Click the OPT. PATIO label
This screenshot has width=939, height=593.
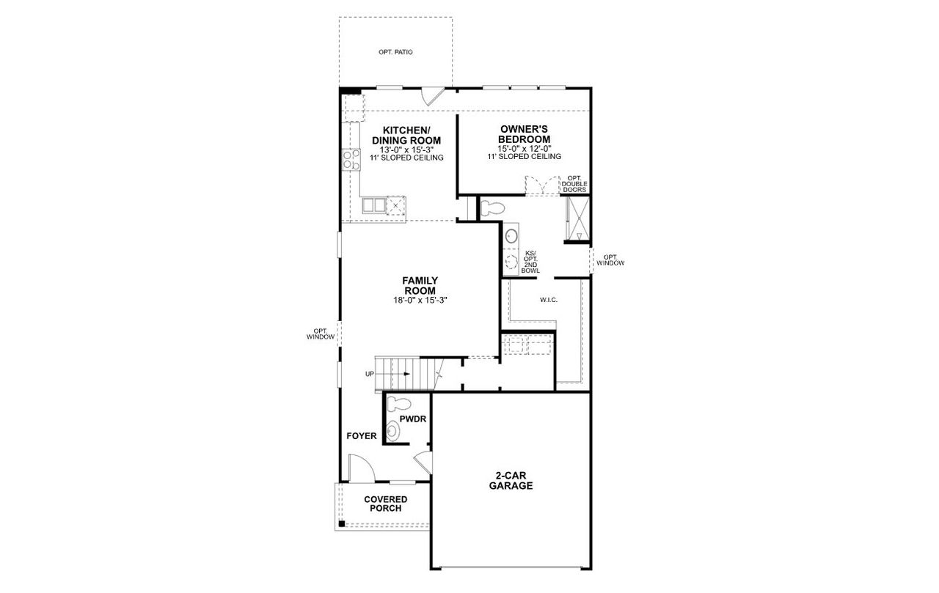(395, 53)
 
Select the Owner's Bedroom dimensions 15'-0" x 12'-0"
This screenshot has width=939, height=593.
(524, 148)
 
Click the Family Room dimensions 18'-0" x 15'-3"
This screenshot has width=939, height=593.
(420, 300)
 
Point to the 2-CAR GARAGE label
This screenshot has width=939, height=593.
(511, 480)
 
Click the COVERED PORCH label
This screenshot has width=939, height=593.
(385, 504)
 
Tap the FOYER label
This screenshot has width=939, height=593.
(362, 436)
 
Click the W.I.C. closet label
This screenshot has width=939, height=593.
(549, 299)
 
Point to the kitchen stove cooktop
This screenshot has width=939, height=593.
(351, 160)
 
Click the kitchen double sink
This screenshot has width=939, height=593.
(374, 205)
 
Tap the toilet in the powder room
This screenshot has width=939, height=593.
(398, 403)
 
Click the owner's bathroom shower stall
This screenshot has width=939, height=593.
(577, 218)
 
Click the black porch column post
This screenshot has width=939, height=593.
(342, 524)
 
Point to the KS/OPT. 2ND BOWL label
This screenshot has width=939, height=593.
(530, 262)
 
